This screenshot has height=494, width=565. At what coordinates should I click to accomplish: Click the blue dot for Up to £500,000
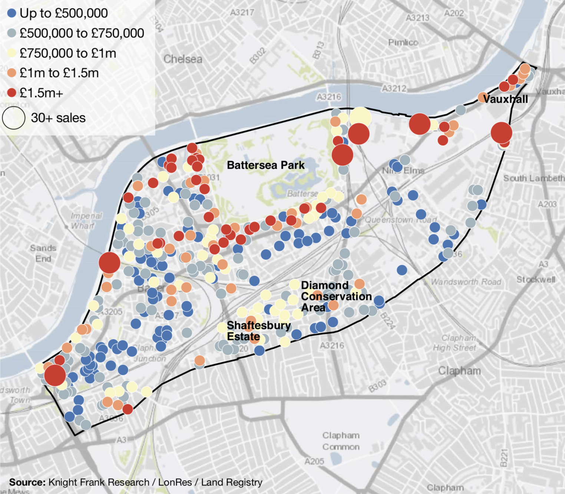click(12, 13)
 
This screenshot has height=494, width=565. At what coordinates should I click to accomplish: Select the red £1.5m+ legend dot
click(12, 93)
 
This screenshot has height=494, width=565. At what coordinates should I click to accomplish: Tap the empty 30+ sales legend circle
click(14, 118)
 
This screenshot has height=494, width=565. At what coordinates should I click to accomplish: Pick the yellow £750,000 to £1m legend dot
click(12, 53)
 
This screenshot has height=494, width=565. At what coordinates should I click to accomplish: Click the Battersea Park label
click(265, 165)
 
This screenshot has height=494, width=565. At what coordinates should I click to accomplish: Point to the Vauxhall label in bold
click(505, 99)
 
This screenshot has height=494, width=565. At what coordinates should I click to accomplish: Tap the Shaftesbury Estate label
click(258, 331)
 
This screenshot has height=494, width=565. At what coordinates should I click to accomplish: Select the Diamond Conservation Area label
click(336, 296)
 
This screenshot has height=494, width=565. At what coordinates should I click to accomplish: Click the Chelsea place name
click(183, 59)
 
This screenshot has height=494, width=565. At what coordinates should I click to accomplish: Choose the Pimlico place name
click(403, 43)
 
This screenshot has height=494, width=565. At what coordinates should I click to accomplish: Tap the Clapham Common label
click(341, 441)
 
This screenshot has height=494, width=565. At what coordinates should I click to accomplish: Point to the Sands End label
click(43, 253)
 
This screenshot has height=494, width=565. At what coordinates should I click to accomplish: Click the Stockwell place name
click(536, 279)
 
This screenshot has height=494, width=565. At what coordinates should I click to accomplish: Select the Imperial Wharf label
click(86, 221)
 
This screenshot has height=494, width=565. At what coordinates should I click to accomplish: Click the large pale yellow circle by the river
click(360, 117)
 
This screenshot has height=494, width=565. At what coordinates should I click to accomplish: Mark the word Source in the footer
click(27, 482)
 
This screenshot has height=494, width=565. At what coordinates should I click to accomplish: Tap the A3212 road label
click(394, 88)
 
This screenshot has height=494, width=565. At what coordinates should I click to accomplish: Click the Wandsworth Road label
click(466, 282)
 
